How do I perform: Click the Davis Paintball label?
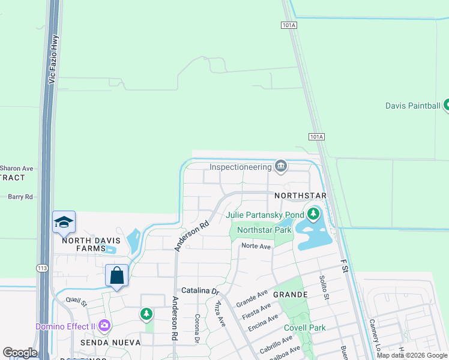[412, 106]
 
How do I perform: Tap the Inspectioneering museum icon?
[280, 165]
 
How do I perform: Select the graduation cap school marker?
[64, 222]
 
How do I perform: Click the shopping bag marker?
[117, 276]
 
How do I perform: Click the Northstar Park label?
[264, 230]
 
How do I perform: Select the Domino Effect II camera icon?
[105, 326]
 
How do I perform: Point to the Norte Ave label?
[256, 246]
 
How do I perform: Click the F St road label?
[345, 265]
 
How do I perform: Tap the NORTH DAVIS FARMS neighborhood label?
[88, 241]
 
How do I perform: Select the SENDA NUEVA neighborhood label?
[110, 343]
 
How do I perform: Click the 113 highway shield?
[41, 268]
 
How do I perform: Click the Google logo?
[20, 353]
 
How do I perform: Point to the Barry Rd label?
[20, 196]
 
